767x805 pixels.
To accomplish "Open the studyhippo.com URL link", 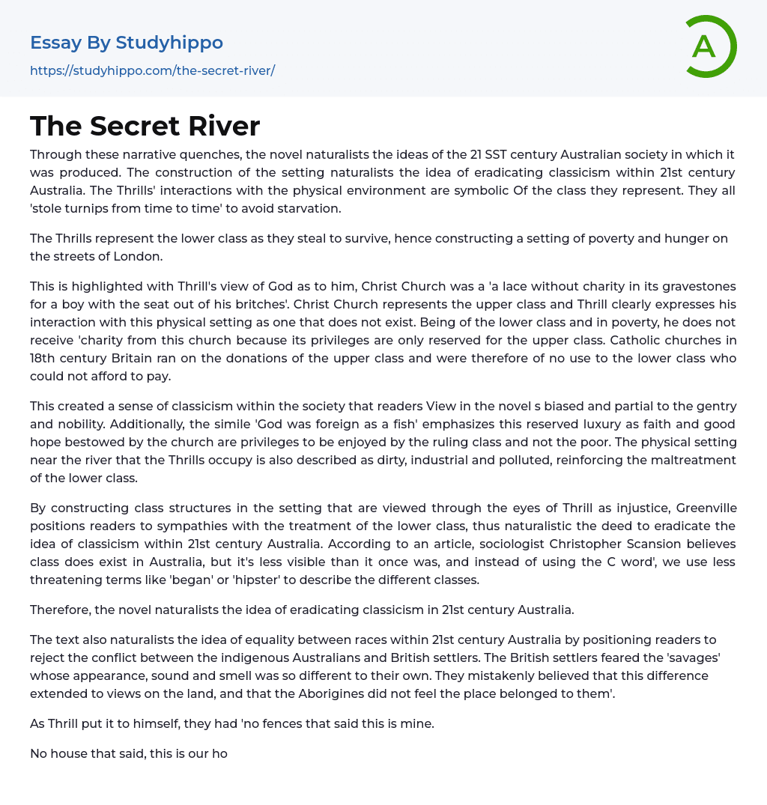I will coord(152,70).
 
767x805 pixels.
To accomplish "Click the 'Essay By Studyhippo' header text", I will coord(127,43).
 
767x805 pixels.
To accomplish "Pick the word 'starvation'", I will coord(309,208).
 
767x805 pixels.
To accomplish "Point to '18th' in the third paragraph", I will coord(43,358).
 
